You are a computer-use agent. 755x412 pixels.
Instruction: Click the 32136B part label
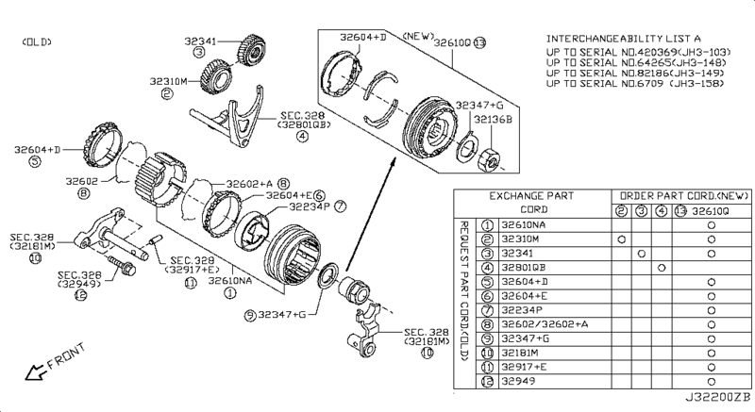pos(495,120)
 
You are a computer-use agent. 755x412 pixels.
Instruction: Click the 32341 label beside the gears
pos(199,41)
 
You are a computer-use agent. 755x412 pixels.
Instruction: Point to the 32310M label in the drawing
pos(168,81)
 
